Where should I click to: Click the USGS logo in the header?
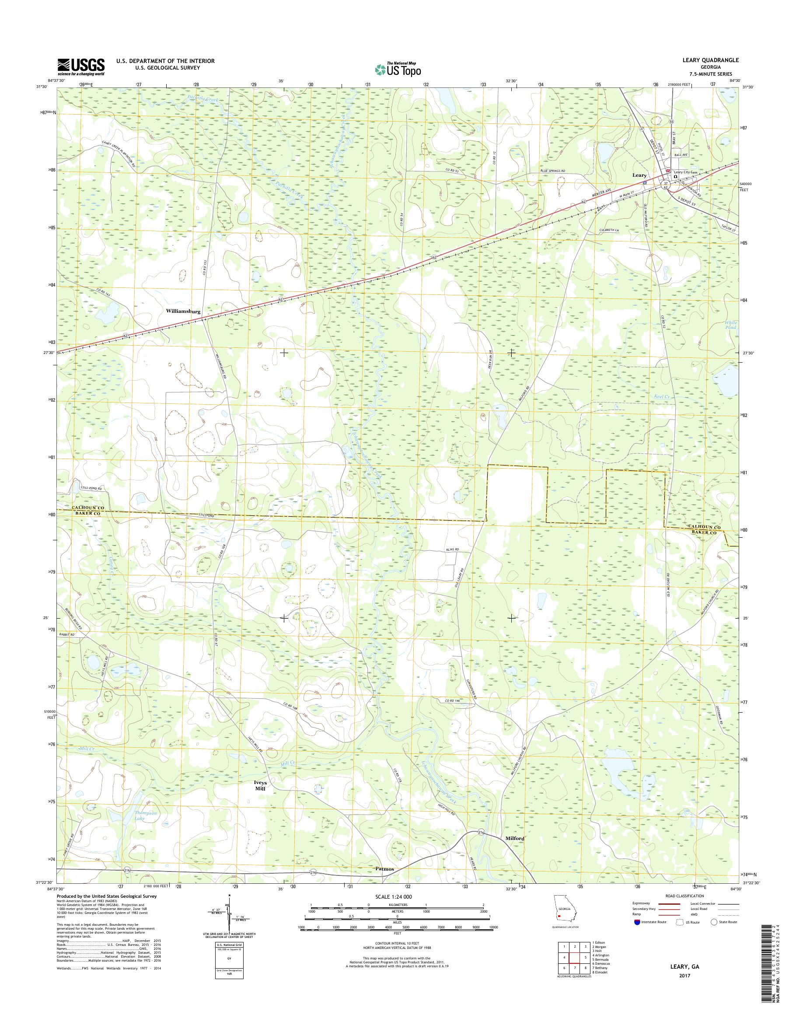(x=80, y=67)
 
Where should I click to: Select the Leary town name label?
(x=639, y=175)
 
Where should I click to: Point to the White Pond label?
(x=731, y=325)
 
